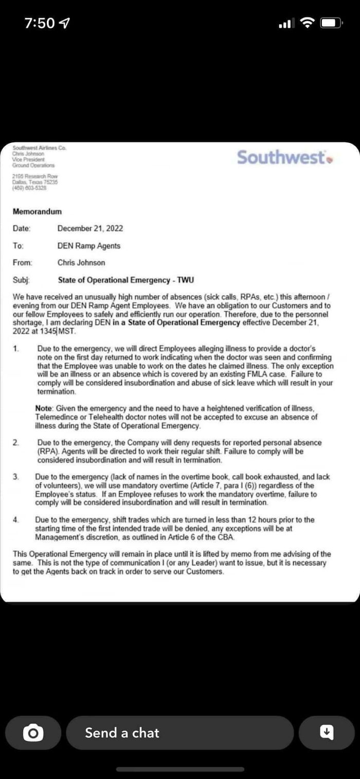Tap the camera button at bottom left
click(x=33, y=732)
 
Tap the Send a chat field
click(x=179, y=732)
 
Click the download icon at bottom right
click(x=327, y=732)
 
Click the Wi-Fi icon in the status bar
click(x=307, y=23)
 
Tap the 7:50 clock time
click(x=40, y=23)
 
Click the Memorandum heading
click(x=37, y=211)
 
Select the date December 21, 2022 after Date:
click(x=90, y=228)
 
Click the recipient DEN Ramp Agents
click(x=89, y=246)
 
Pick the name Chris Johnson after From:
click(x=81, y=263)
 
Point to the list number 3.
click(x=16, y=477)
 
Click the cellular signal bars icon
click(x=286, y=23)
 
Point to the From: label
click(x=23, y=263)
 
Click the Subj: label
click(x=21, y=280)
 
